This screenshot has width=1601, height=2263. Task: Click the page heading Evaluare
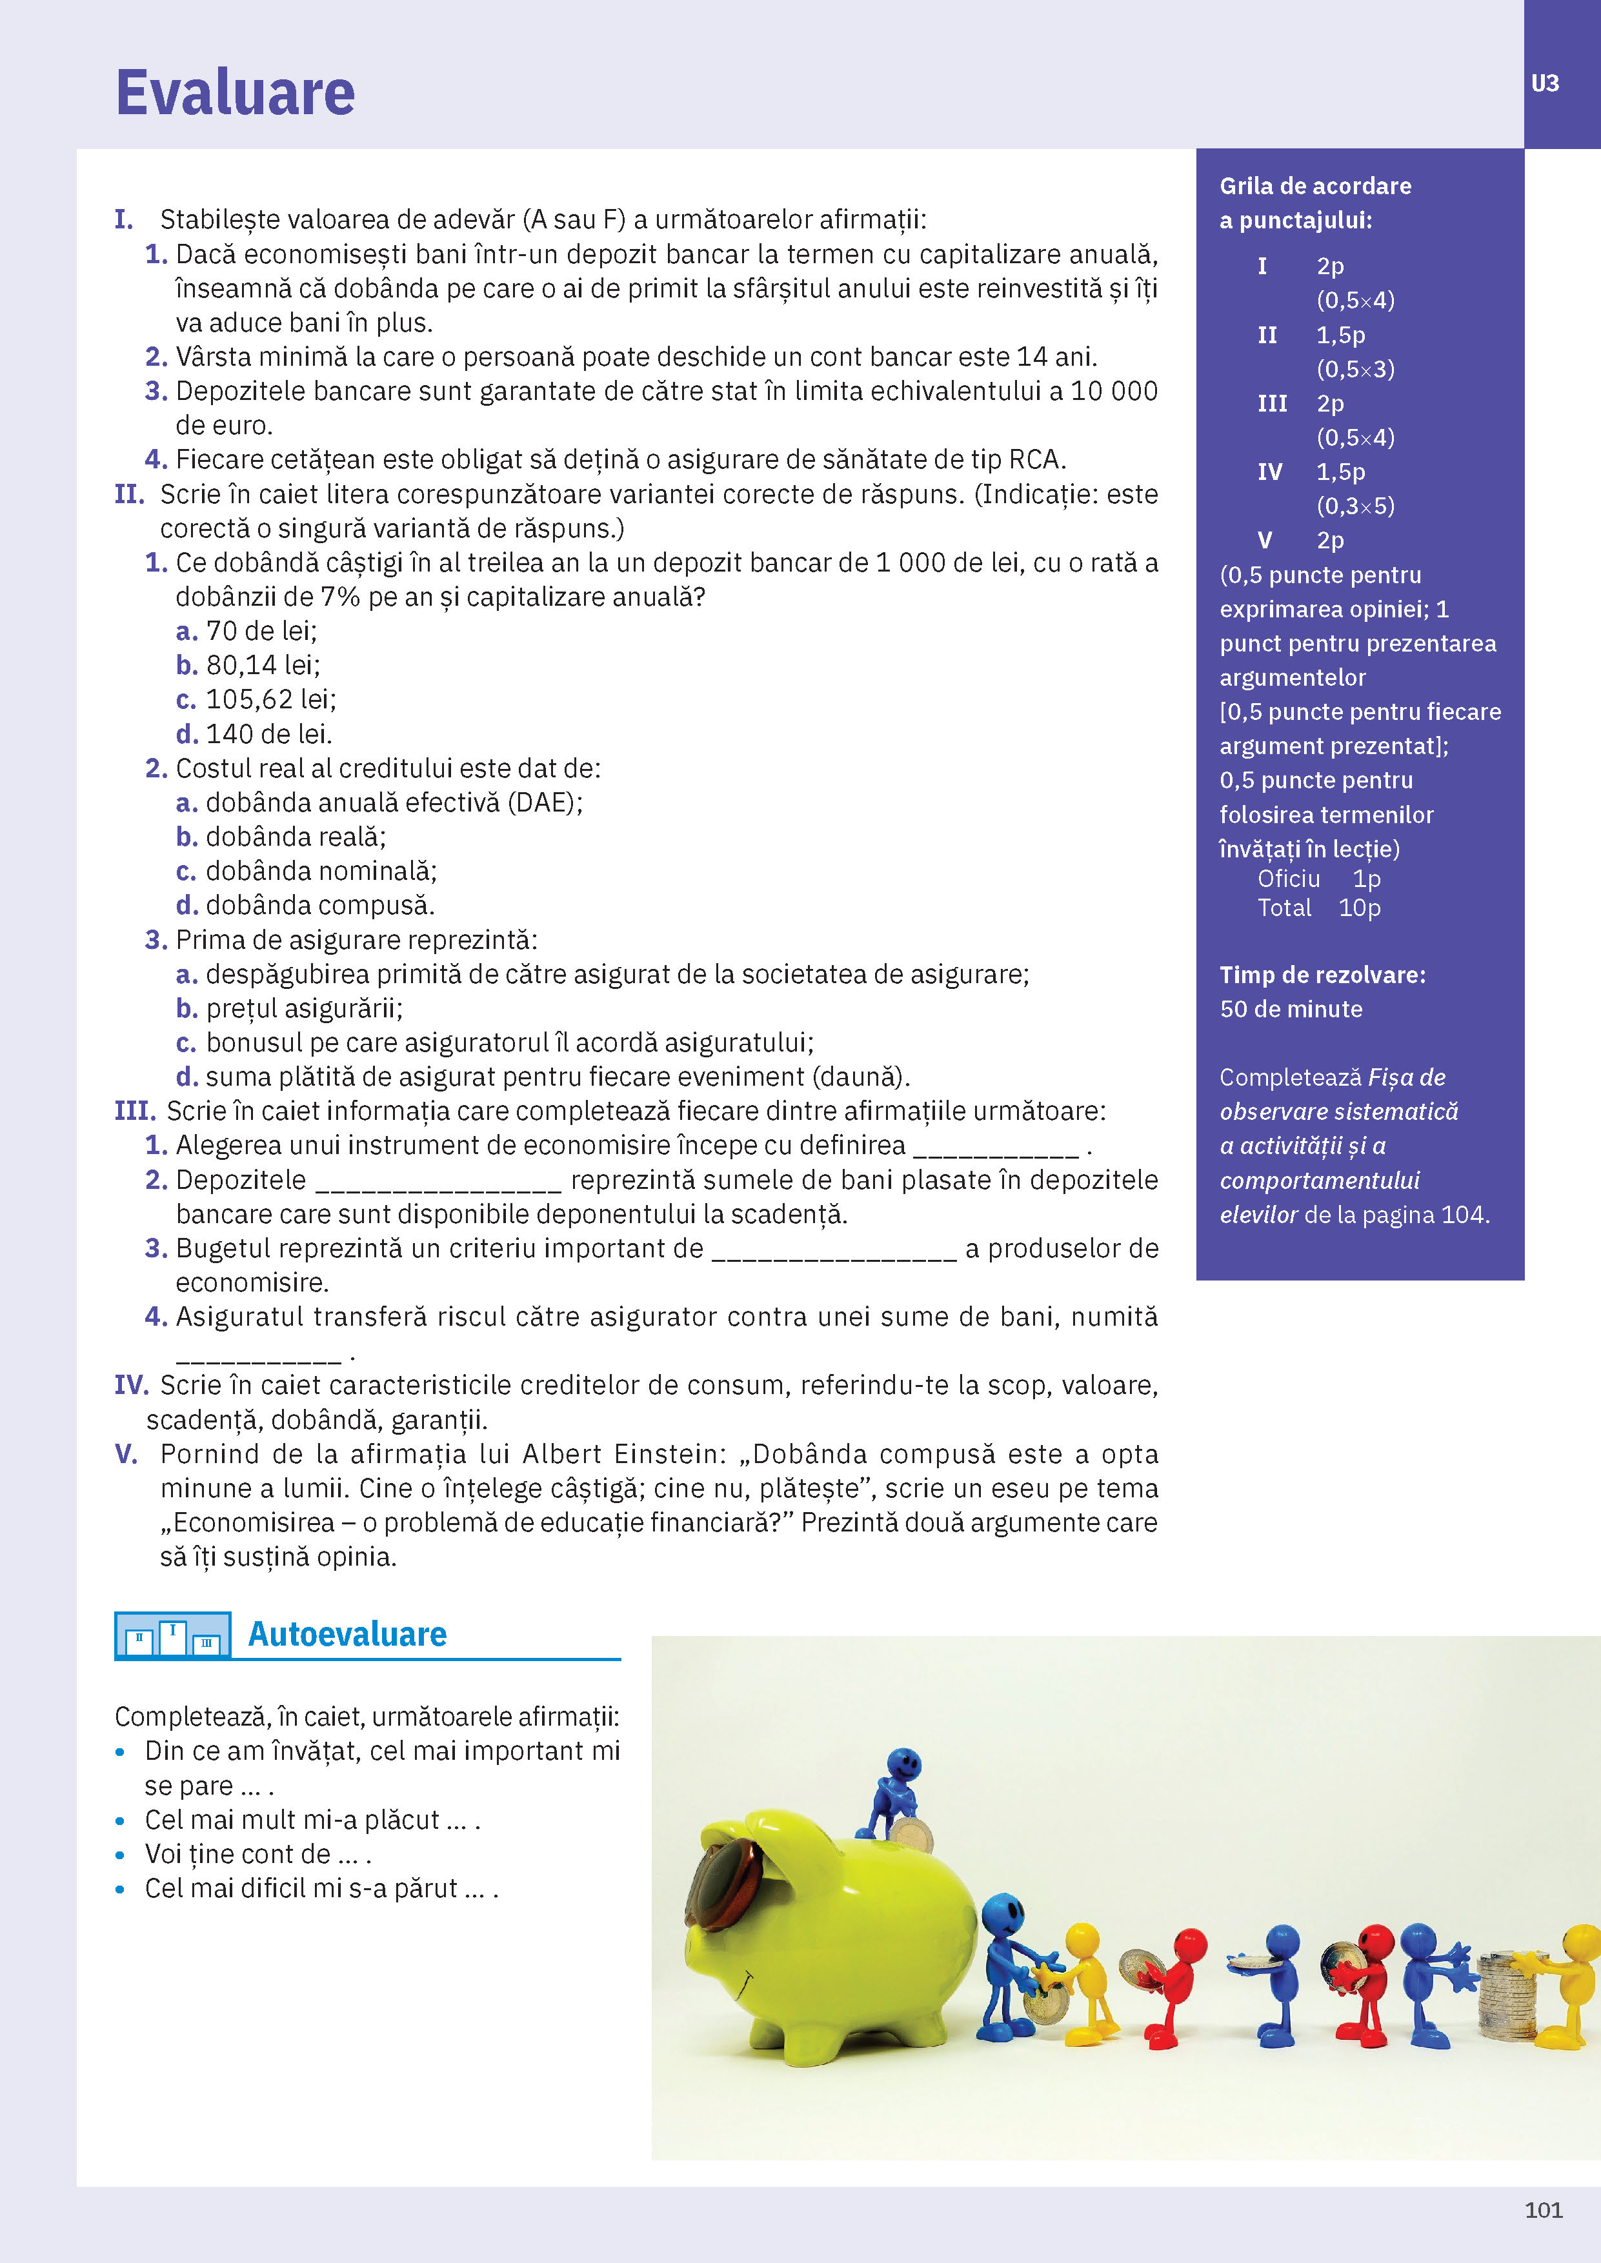(235, 93)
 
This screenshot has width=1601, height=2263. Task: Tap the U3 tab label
(1545, 84)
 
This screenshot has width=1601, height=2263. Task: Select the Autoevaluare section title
(347, 1634)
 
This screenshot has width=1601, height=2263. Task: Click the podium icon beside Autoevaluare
(172, 1635)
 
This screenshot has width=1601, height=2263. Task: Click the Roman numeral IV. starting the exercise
(131, 1386)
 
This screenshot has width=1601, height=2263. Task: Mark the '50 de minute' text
(1291, 1010)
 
